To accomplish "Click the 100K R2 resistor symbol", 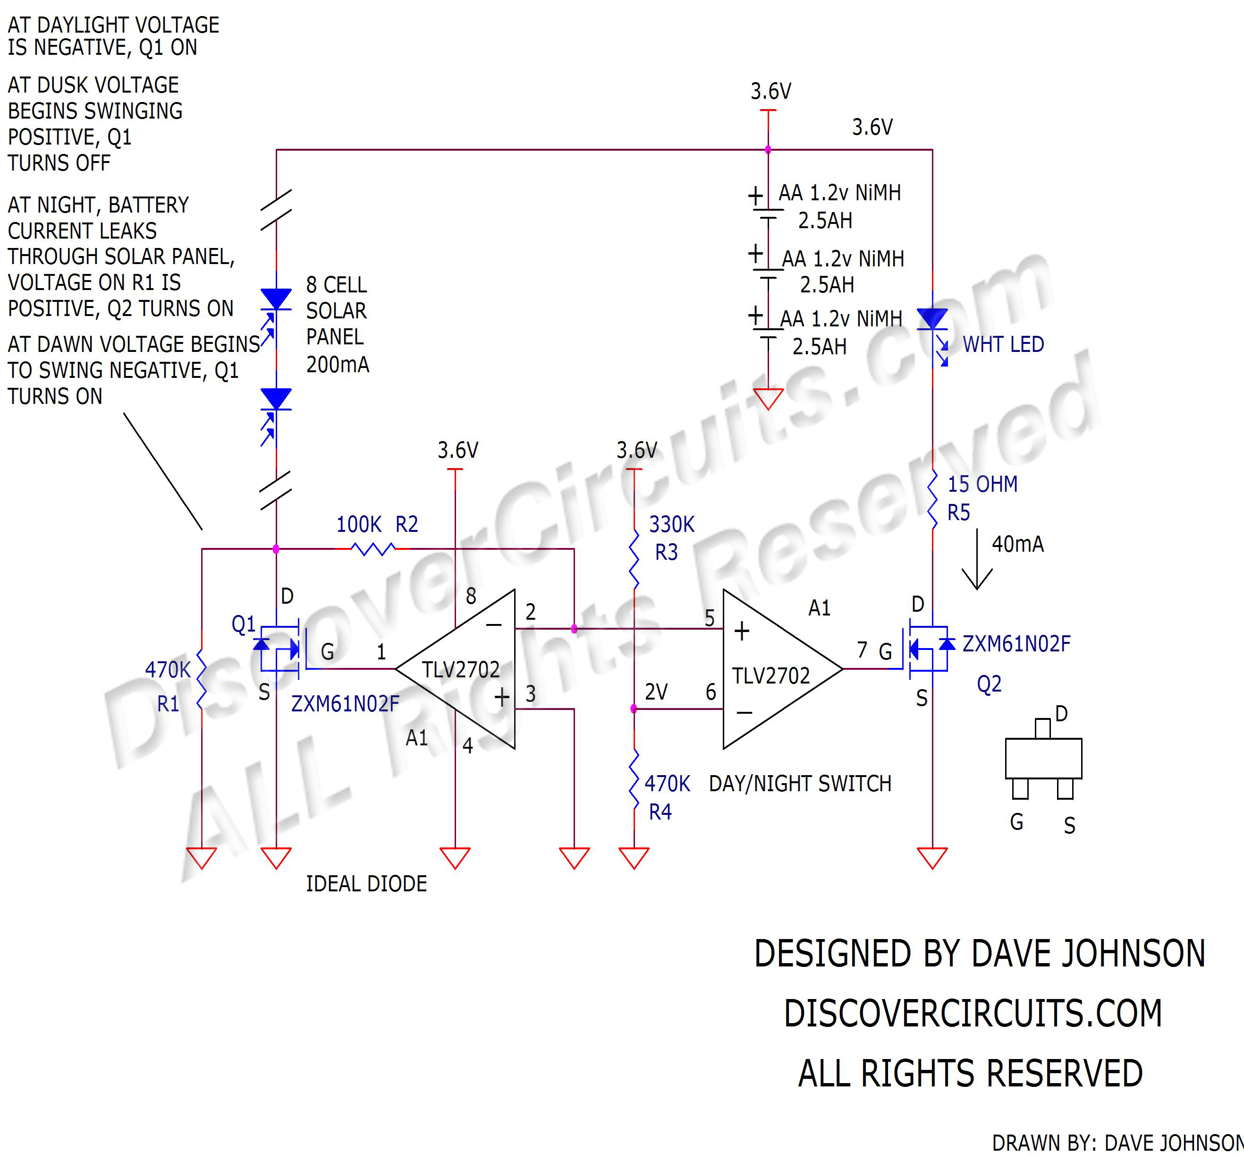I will (x=373, y=549).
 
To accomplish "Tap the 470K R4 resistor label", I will (x=667, y=797).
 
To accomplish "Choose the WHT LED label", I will (x=1003, y=344).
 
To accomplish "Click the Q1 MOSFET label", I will (x=244, y=624).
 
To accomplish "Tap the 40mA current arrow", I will (x=976, y=560).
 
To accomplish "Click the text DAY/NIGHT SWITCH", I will (x=800, y=783).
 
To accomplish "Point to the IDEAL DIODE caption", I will (x=366, y=883).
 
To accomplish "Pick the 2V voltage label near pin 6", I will (x=656, y=692).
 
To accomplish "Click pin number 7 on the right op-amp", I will (x=862, y=650).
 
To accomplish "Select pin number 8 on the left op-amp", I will (x=471, y=596).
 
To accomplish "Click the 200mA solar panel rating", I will (x=337, y=364).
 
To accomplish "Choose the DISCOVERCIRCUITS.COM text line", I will (x=973, y=1014).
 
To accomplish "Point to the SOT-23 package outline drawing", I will (x=1043, y=758).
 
